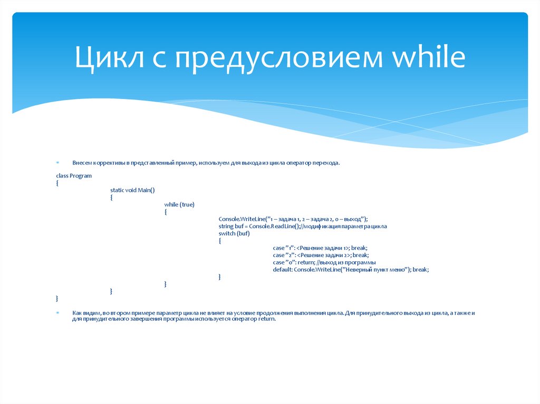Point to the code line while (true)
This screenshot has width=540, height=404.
pyautogui.click(x=179, y=204)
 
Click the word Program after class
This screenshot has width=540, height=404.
pyautogui.click(x=81, y=175)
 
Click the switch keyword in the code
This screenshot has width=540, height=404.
pyautogui.click(x=227, y=233)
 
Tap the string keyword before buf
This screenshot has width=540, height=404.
pyautogui.click(x=226, y=226)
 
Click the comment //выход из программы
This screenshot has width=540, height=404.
pyautogui.click(x=346, y=262)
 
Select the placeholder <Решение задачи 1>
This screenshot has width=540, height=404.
pyautogui.click(x=323, y=248)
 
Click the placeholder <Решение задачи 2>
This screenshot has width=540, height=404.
pyautogui.click(x=323, y=255)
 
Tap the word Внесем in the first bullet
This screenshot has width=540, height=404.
pyautogui.click(x=82, y=163)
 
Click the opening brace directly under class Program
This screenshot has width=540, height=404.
pyautogui.click(x=57, y=182)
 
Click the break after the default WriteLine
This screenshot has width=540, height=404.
pyautogui.click(x=420, y=269)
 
